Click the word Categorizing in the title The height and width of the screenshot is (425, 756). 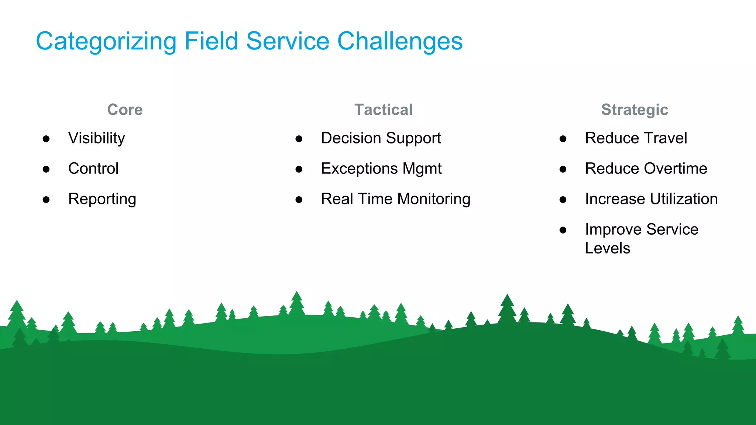pyautogui.click(x=106, y=41)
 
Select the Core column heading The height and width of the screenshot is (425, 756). pyautogui.click(x=125, y=110)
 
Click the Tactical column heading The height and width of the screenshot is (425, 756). pyautogui.click(x=383, y=110)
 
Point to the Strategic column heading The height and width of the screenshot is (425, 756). pyautogui.click(x=634, y=110)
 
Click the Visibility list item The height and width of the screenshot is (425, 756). pyautogui.click(x=97, y=138)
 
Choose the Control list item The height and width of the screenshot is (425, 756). pyautogui.click(x=93, y=169)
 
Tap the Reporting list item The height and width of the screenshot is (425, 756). pyautogui.click(x=102, y=199)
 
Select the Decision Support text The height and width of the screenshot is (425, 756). pyautogui.click(x=381, y=138)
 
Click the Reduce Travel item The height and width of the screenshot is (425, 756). pyautogui.click(x=636, y=138)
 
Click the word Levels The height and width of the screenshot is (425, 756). pyautogui.click(x=608, y=248)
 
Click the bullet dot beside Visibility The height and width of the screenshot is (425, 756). pyautogui.click(x=46, y=139)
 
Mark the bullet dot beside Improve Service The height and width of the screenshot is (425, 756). pyautogui.click(x=563, y=230)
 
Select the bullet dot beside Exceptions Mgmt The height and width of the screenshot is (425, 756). pyautogui.click(x=299, y=169)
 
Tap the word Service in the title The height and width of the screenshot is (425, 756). pyautogui.click(x=288, y=41)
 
